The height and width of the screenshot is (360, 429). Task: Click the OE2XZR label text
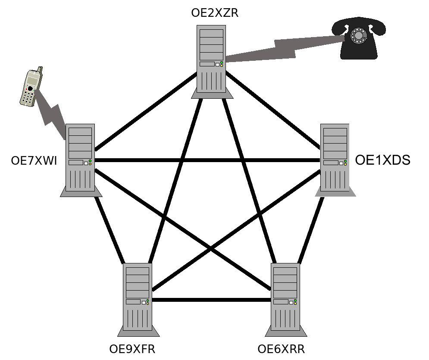tap(215, 13)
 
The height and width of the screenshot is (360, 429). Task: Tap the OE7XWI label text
tap(34, 160)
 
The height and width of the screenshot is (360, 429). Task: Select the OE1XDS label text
tap(382, 160)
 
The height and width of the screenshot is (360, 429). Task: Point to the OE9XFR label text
tap(132, 349)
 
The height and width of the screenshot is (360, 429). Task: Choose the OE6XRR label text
tap(281, 349)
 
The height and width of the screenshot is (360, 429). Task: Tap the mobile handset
tap(31, 87)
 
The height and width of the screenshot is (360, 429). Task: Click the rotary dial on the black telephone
tap(359, 35)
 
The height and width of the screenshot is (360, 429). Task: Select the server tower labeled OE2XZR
tap(212, 62)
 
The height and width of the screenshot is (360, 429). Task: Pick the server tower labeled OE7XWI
tap(81, 160)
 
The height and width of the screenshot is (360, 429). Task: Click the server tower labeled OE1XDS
tap(335, 160)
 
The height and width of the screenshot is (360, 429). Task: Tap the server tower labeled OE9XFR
tap(138, 300)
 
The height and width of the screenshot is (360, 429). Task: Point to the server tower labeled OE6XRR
tap(285, 300)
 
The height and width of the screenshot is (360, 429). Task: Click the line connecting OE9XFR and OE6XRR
tap(212, 300)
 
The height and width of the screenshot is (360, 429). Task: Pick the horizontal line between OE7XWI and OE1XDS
tap(207, 160)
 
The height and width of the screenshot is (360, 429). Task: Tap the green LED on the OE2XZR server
tap(222, 63)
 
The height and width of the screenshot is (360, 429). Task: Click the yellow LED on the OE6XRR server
tap(295, 304)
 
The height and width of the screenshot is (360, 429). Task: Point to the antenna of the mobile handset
tap(40, 70)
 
